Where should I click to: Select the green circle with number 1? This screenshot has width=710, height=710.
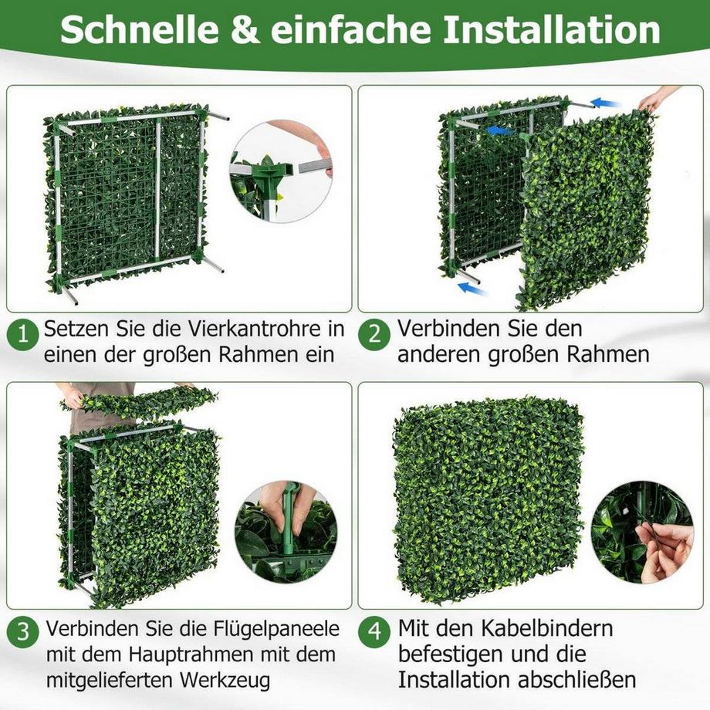click(x=23, y=335)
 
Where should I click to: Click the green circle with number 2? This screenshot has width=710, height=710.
click(x=376, y=335)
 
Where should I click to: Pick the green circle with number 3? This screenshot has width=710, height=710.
click(x=23, y=631)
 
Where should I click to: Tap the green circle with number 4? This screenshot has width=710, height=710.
click(x=376, y=631)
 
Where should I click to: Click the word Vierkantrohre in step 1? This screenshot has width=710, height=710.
click(x=259, y=329)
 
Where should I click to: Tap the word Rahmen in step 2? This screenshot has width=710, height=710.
click(x=603, y=354)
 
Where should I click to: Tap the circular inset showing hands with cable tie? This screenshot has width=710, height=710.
click(x=642, y=532)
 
